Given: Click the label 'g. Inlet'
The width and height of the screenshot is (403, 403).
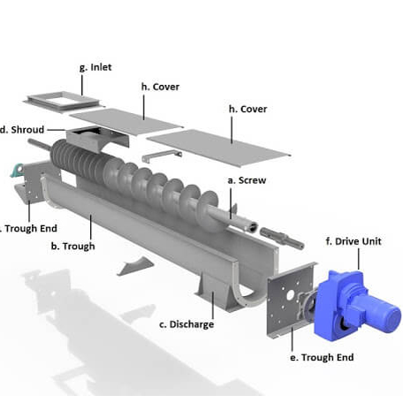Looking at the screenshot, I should pos(95,67).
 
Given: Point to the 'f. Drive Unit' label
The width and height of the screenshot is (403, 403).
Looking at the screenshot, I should pos(354,240).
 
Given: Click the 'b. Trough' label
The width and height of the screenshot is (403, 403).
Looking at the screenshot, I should pos(72,246).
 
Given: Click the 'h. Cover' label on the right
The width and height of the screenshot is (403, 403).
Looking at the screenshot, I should pos(247,109).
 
